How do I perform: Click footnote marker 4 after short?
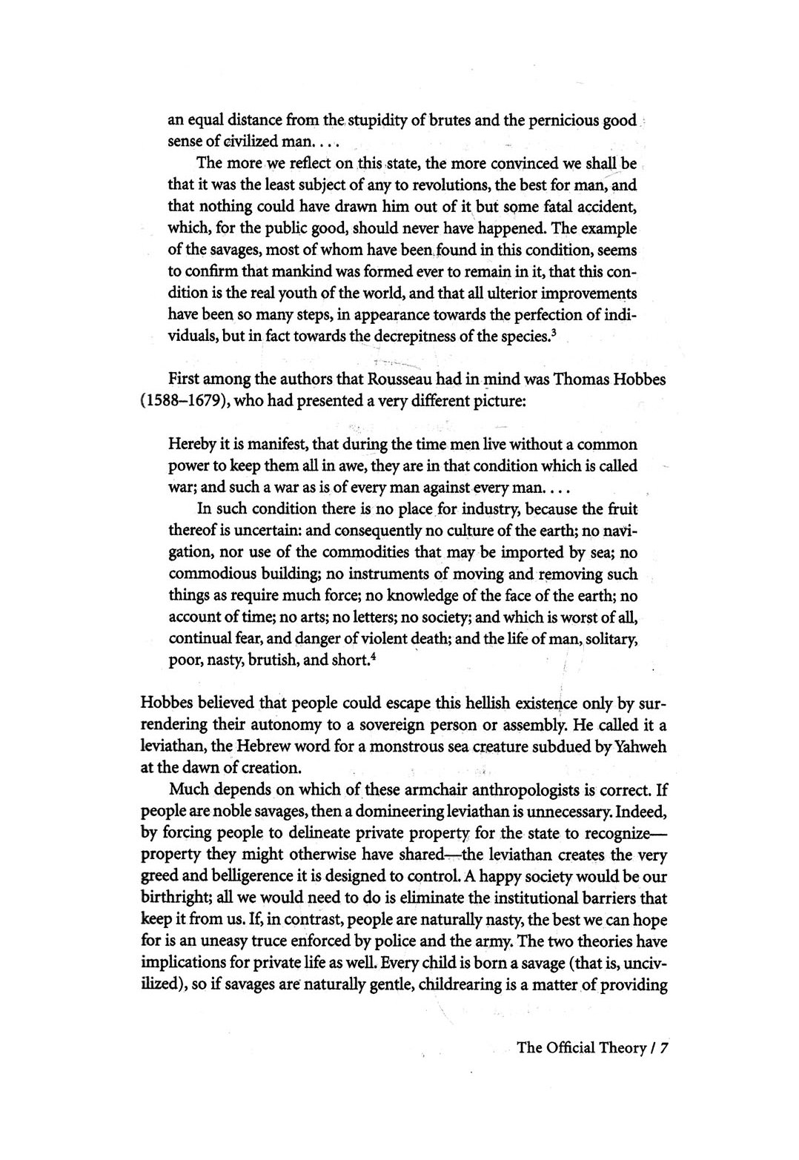(366, 655)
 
